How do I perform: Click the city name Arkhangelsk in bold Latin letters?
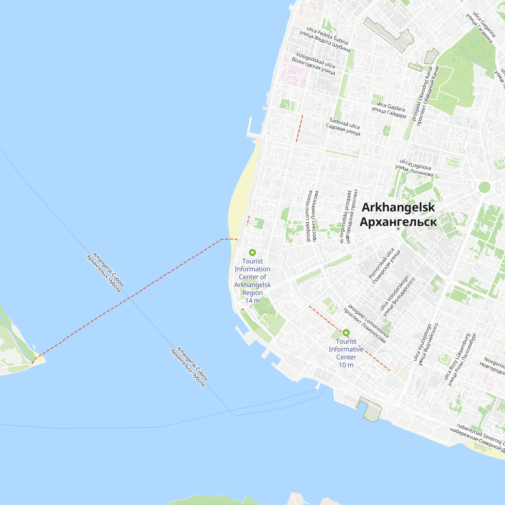pyautogui.click(x=398, y=208)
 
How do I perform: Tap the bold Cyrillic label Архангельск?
pyautogui.click(x=398, y=222)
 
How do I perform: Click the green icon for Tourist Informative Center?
pyautogui.click(x=346, y=333)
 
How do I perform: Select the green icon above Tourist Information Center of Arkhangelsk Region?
pyautogui.click(x=252, y=252)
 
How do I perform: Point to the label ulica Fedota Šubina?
pyautogui.click(x=327, y=36)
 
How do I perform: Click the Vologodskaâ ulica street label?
pyautogui.click(x=315, y=60)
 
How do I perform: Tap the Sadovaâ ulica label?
pyautogui.click(x=344, y=123)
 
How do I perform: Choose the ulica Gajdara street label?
pyautogui.click(x=391, y=107)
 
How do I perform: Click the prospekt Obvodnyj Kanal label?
pyautogui.click(x=422, y=94)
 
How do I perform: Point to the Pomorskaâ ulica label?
pyautogui.click(x=381, y=263)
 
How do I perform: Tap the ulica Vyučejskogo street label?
pyautogui.click(x=422, y=342)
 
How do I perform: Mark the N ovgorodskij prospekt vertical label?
pyautogui.click(x=346, y=217)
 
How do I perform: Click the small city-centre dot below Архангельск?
pyautogui.click(x=398, y=229)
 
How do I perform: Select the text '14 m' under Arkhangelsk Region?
pyautogui.click(x=252, y=300)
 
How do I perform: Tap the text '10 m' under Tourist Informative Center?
pyautogui.click(x=346, y=365)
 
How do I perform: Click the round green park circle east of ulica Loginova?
pyautogui.click(x=484, y=187)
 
